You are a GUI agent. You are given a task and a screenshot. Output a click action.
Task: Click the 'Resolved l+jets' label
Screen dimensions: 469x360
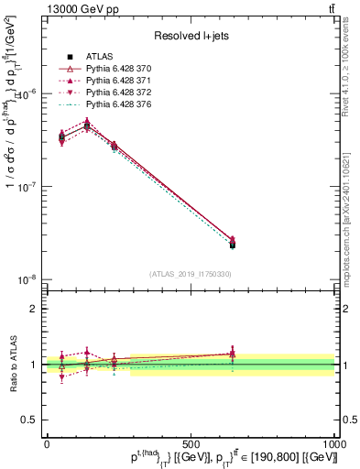191,36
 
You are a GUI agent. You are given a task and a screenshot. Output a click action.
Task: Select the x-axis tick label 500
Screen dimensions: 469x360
191,443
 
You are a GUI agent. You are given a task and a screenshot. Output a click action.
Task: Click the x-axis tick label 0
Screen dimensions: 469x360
47,443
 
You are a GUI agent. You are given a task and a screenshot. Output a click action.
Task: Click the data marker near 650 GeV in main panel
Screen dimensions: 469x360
233,244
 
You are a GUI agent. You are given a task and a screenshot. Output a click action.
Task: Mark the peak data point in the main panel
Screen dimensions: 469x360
87,125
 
